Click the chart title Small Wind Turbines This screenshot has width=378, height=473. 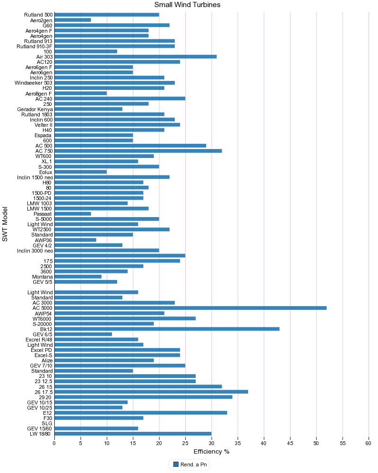[187, 5]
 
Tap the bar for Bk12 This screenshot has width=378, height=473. [167, 329]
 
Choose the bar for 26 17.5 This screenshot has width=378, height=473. [151, 392]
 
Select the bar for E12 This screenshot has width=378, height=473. [141, 412]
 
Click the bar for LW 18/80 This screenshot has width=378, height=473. [133, 433]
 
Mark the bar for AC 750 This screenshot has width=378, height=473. [138, 151]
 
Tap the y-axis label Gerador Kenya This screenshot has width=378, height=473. [35, 109]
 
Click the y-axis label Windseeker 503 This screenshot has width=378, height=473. [34, 83]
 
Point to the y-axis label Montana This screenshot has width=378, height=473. [42, 277]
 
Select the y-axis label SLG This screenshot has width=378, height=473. [47, 423]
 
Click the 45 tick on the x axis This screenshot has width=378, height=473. [290, 443]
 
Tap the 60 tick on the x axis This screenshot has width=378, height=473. [369, 443]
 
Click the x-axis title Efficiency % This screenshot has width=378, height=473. [211, 452]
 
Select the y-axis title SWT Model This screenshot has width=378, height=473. [5, 224]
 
